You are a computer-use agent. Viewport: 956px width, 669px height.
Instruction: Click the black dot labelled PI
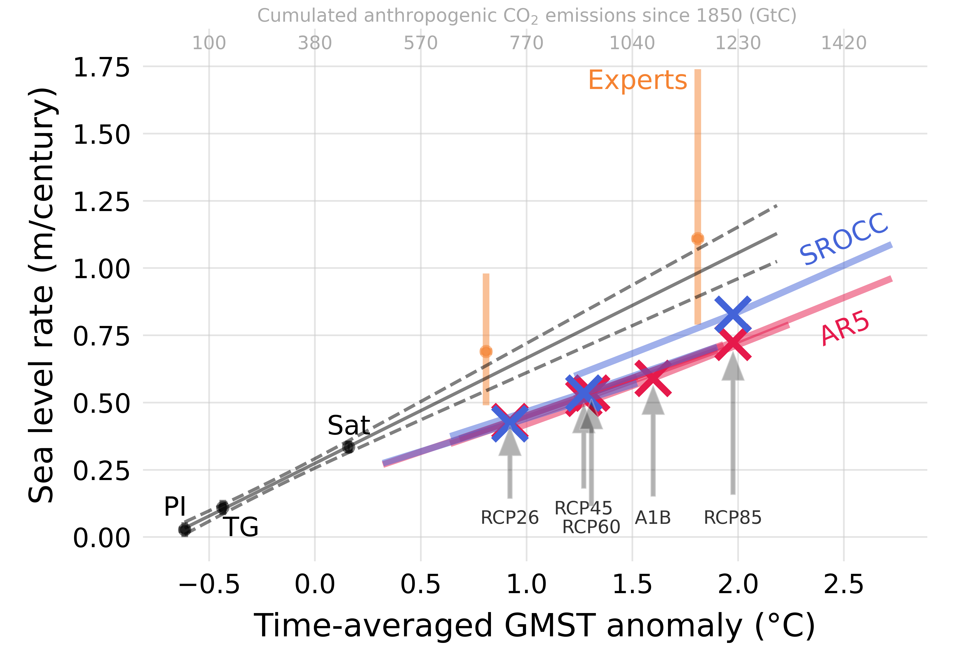pos(184,530)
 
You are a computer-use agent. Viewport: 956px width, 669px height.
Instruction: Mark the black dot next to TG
pos(223,508)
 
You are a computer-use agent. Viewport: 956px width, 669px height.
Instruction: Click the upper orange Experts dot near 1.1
pos(697,239)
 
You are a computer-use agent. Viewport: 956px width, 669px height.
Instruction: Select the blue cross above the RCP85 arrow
pos(733,314)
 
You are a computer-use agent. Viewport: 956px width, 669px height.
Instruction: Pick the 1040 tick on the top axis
pos(632,43)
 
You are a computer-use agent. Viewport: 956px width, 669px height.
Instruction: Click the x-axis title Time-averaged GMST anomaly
pos(534,626)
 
